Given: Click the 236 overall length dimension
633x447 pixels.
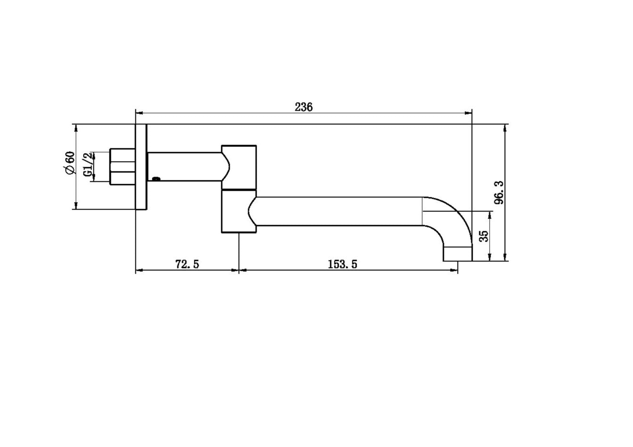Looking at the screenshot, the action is click(304, 107).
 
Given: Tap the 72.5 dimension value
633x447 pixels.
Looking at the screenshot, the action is click(187, 264).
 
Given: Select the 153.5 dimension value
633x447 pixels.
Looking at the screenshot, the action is click(342, 264).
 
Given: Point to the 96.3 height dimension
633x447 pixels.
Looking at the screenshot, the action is click(499, 193).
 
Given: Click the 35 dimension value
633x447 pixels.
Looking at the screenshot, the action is click(484, 236).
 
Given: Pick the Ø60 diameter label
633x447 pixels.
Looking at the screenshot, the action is click(70, 163).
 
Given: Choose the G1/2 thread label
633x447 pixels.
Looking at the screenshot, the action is click(88, 164).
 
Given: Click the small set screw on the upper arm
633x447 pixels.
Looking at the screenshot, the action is click(156, 179).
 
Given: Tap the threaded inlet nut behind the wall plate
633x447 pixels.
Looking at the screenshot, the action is click(122, 166).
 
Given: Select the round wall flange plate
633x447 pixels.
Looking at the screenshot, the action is click(142, 167).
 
